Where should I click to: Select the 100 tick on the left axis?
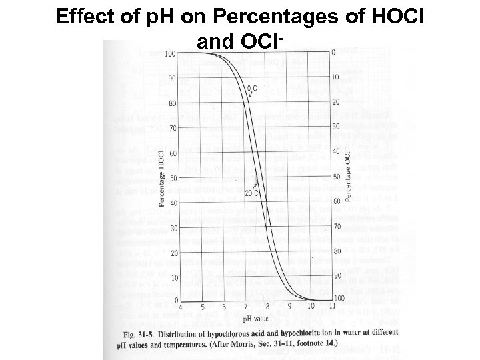pyautogui.click(x=169, y=53)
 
